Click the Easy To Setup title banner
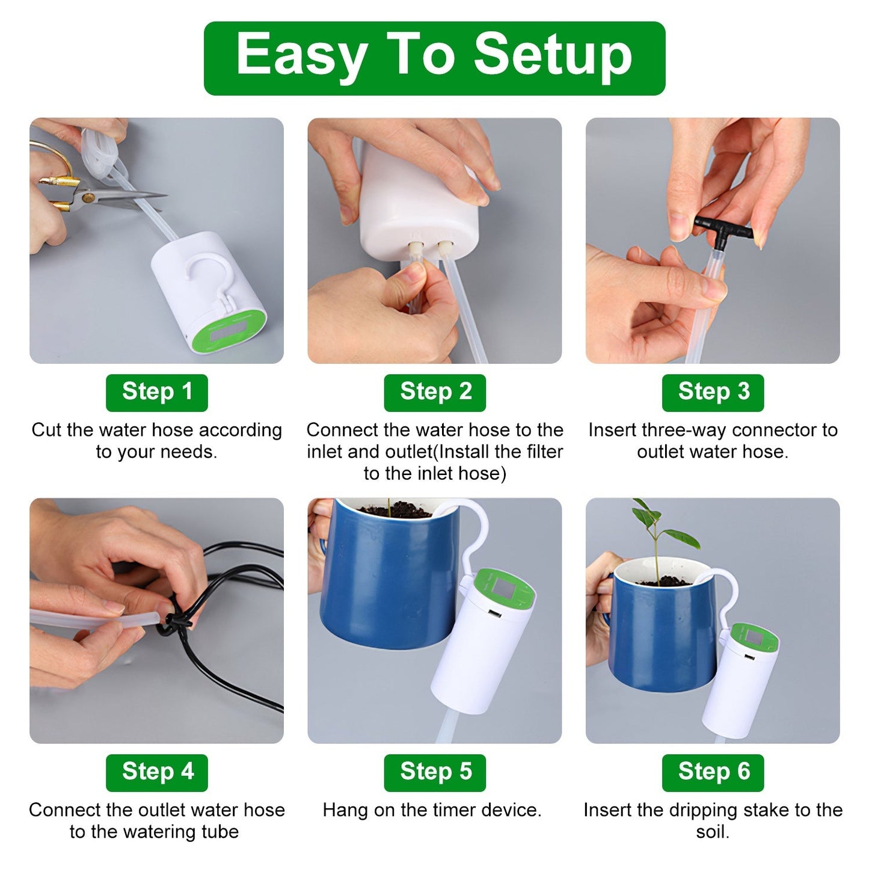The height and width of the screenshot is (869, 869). pos(434,58)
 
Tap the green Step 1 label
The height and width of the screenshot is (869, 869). pos(156,392)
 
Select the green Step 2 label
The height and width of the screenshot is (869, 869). pos(435,392)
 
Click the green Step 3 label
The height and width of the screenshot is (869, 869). pos(713,392)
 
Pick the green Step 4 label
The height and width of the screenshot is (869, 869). pos(156,772)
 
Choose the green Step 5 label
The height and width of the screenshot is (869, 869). pos(435,772)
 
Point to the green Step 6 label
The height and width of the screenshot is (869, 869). pos(713,772)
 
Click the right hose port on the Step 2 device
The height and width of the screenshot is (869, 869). pos(446,247)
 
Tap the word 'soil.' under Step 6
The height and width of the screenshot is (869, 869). pos(713,832)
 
